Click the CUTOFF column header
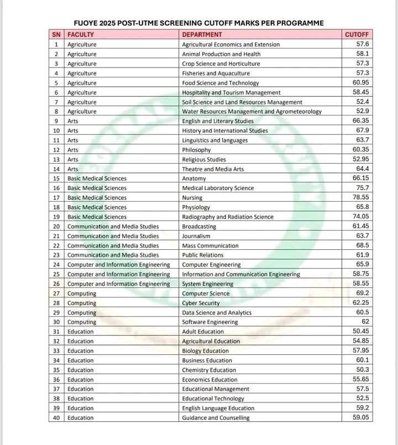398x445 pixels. pos(356,34)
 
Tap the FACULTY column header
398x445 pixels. pos(81,34)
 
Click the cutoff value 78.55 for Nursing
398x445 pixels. pos(359,197)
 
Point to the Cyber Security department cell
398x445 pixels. pos(201,303)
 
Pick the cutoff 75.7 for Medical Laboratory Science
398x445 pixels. pos(362,188)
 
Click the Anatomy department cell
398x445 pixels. pos(194,179)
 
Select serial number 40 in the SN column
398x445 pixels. pos(56,418)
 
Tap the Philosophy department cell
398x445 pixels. pos(196,150)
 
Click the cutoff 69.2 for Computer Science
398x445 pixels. pos(362,293)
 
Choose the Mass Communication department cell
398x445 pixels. pos(210,245)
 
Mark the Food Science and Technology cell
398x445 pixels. pos(220,83)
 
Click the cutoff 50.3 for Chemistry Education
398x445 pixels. pos(362,370)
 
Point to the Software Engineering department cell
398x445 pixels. pos(210,322)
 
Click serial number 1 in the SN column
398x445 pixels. pos(56,44)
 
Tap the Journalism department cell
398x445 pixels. pos(196,236)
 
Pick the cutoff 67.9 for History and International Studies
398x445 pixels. pos(362,130)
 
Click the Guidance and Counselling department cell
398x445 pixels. pos(216,418)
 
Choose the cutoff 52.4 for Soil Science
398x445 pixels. pos(362,102)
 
